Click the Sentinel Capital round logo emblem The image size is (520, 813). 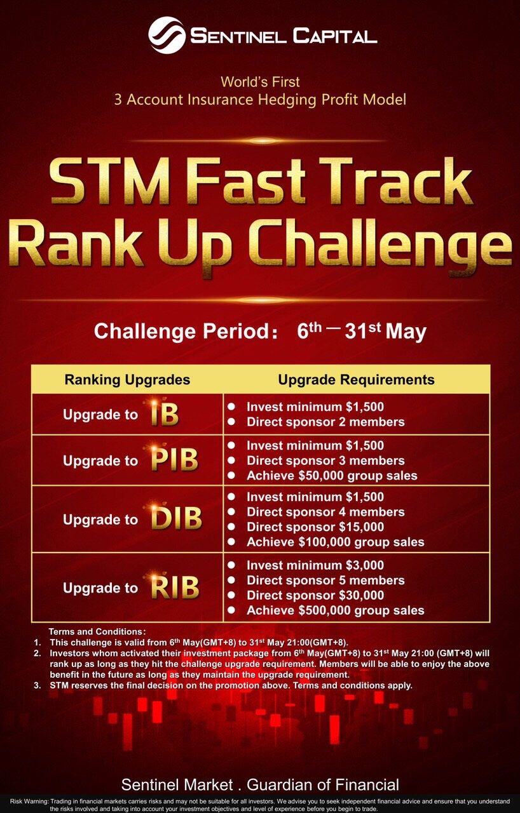tap(167, 35)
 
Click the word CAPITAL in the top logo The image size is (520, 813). tap(335, 36)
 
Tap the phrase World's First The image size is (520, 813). tap(260, 82)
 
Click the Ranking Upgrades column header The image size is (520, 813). tap(128, 380)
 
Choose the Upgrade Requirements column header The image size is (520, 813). tap(356, 380)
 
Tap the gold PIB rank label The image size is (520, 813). tap(174, 459)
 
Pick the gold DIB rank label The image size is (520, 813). tap(176, 518)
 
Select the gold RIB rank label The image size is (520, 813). tap(175, 587)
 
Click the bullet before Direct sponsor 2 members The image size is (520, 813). tap(231, 422)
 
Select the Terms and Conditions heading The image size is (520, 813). tap(97, 631)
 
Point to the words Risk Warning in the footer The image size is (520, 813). tap(29, 801)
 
